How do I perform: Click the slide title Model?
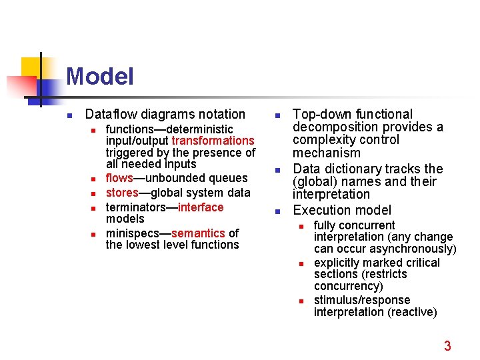(x=100, y=76)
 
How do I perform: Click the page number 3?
(x=447, y=345)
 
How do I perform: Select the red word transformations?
(x=213, y=141)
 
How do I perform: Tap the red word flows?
(x=119, y=178)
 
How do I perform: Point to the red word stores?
(x=122, y=193)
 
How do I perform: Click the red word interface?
(x=201, y=207)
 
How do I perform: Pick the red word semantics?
(x=198, y=233)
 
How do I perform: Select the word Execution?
(x=323, y=210)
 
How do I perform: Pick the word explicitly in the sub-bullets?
(x=337, y=263)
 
